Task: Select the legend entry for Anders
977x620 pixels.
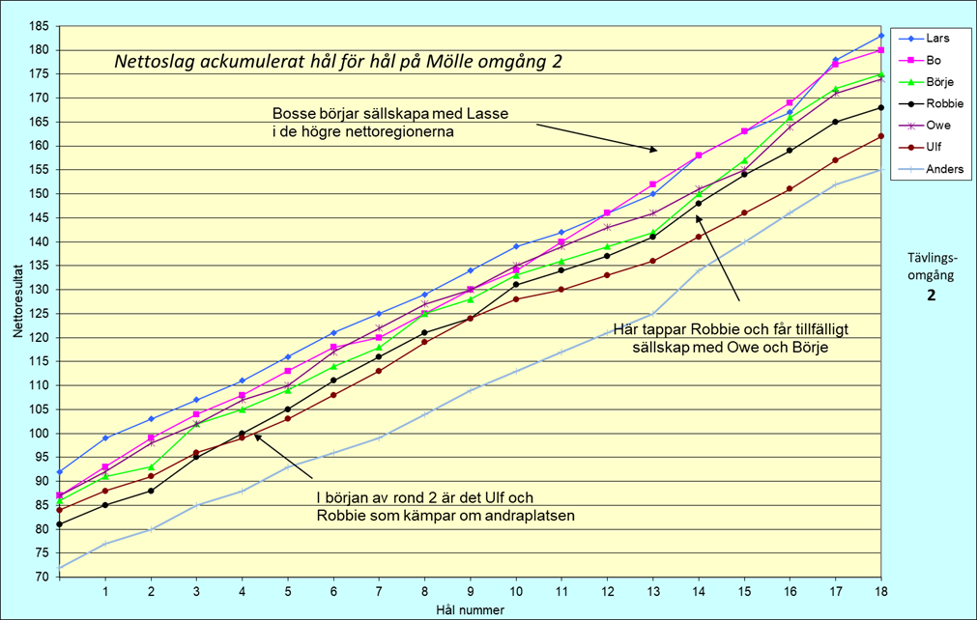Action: point(944,169)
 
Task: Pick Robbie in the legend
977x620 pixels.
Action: point(944,103)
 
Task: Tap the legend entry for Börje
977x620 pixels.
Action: point(940,81)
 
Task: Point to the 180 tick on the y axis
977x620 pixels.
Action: point(40,50)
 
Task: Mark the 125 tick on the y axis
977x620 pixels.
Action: point(40,313)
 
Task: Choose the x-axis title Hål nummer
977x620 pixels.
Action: point(469,609)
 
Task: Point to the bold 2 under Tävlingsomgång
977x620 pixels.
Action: point(932,296)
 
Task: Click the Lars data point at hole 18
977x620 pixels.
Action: point(880,36)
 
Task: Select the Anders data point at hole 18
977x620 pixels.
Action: point(880,170)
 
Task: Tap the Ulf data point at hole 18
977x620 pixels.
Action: point(880,136)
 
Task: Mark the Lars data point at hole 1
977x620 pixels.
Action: point(105,437)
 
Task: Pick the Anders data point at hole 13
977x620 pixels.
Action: point(653,314)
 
